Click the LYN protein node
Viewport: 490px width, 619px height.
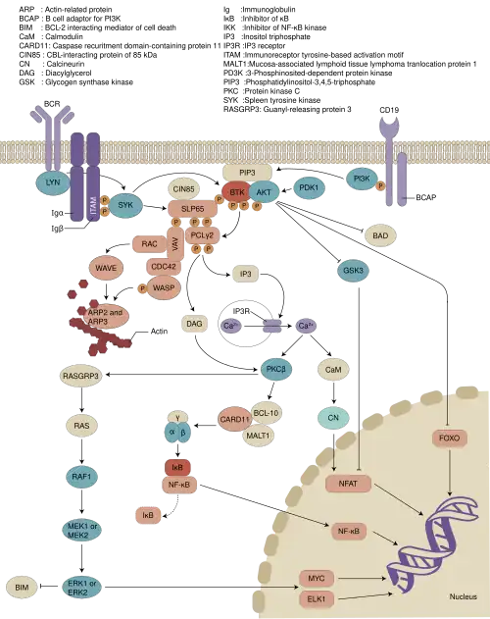pyautogui.click(x=48, y=181)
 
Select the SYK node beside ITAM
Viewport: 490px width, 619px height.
pyautogui.click(x=124, y=204)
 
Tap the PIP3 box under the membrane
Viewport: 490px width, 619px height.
pyautogui.click(x=247, y=172)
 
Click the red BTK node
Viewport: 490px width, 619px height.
pyautogui.click(x=236, y=191)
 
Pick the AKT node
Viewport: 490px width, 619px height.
pyautogui.click(x=263, y=192)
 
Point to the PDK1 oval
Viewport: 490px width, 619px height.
pyautogui.click(x=310, y=186)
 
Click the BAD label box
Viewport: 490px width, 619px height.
pyautogui.click(x=379, y=235)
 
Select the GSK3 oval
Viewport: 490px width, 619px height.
pyautogui.click(x=353, y=270)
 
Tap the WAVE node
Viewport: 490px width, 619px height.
pyautogui.click(x=105, y=266)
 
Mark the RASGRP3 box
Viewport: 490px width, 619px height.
pyautogui.click(x=81, y=374)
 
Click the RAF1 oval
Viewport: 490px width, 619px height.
pyautogui.click(x=81, y=476)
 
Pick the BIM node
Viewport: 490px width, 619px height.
pyautogui.click(x=22, y=587)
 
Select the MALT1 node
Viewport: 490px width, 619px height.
pyautogui.click(x=259, y=436)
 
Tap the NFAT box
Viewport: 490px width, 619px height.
pyautogui.click(x=348, y=483)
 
